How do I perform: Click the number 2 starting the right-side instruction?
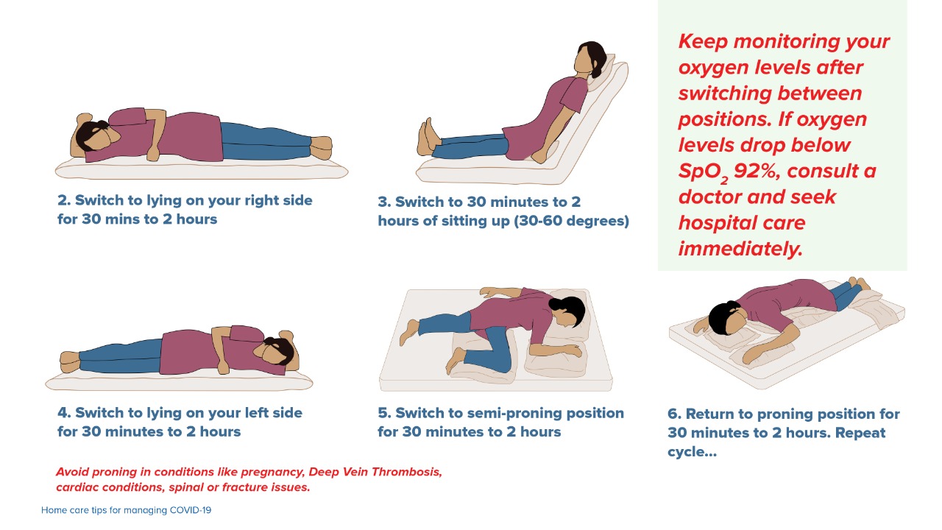pyautogui.click(x=63, y=201)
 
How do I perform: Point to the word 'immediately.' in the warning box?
pyautogui.click(x=740, y=249)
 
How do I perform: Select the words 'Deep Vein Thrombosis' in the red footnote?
pyautogui.click(x=375, y=471)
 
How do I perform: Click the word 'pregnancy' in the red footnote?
pyautogui.click(x=272, y=471)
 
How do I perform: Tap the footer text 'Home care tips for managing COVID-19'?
pyautogui.click(x=126, y=509)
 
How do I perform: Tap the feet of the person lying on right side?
pyautogui.click(x=321, y=147)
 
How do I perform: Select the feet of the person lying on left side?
pyautogui.click(x=71, y=361)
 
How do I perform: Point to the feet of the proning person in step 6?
pyautogui.click(x=857, y=283)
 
